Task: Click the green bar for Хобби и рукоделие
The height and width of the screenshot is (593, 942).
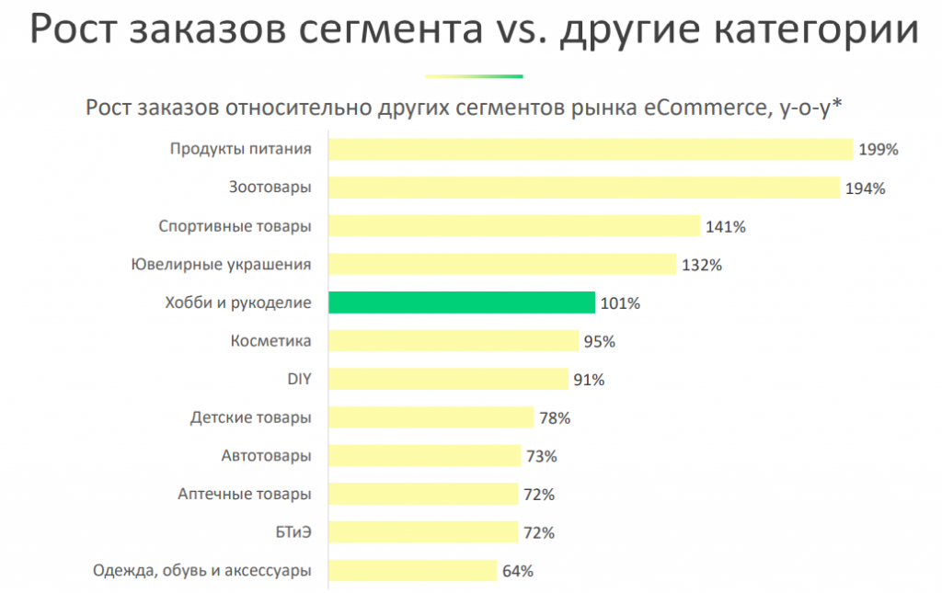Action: (461, 302)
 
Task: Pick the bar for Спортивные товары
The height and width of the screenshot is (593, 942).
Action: (514, 226)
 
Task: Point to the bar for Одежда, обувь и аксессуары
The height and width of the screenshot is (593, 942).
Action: (413, 571)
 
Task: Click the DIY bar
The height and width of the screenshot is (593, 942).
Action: (448, 380)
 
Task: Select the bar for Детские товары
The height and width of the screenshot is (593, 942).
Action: (431, 417)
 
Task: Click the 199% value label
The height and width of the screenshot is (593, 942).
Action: (878, 150)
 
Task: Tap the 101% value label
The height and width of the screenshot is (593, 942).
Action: (620, 303)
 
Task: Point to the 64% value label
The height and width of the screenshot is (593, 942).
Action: (519, 571)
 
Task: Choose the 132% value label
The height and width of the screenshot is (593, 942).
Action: (702, 265)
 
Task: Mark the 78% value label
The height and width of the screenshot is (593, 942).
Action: (555, 418)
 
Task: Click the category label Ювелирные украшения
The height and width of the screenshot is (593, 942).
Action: (221, 265)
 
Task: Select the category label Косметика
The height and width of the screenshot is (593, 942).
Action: (270, 341)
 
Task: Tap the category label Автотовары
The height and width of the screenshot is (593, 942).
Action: (266, 456)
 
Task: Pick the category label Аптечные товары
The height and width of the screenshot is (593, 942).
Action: (244, 495)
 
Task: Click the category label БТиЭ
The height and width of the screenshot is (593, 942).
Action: (289, 532)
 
